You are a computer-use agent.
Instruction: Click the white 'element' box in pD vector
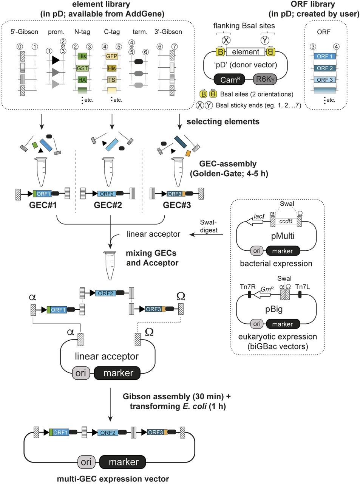tap(246, 52)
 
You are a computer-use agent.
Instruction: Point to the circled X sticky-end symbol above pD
tap(226, 39)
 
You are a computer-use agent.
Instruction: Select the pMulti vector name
tap(283, 236)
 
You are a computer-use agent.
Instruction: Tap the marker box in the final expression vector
tap(124, 462)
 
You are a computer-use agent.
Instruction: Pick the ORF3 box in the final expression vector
tap(156, 432)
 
